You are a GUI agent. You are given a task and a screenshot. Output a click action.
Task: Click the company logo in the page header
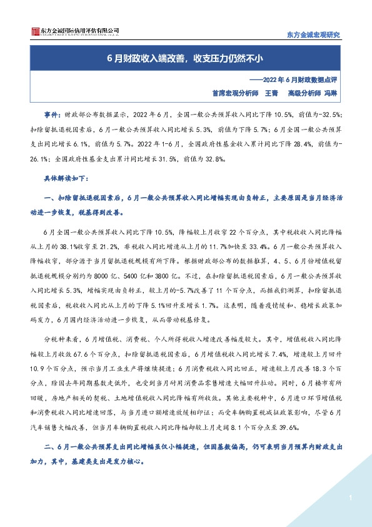pyautogui.click(x=66, y=32)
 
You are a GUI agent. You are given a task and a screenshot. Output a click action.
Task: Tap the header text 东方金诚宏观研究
pyautogui.click(x=313, y=34)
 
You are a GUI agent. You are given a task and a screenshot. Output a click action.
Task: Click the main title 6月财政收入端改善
pyautogui.click(x=186, y=60)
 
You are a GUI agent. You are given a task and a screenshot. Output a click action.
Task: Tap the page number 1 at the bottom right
pyautogui.click(x=351, y=498)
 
